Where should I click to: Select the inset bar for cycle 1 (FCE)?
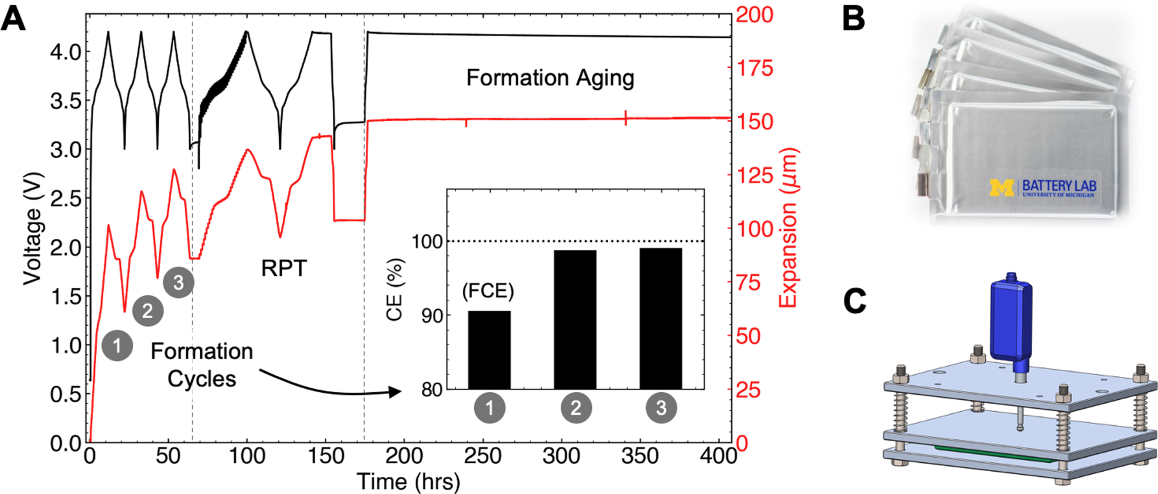coord(489,349)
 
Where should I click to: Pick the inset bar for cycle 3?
coord(661,318)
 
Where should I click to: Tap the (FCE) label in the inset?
coord(488,291)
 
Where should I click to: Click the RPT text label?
coord(284,268)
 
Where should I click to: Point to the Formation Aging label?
coord(550,78)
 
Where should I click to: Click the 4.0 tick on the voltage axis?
coord(66,52)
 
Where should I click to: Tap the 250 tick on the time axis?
coord(483,456)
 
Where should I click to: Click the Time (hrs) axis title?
coord(408,481)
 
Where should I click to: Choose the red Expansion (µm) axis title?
coord(789,228)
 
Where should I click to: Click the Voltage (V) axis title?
coord(32,228)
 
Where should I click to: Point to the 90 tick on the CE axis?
coord(432,316)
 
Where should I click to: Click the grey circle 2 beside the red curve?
coord(148,311)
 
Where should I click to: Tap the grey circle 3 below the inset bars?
coord(661,407)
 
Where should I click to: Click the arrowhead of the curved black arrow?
coord(397,392)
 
